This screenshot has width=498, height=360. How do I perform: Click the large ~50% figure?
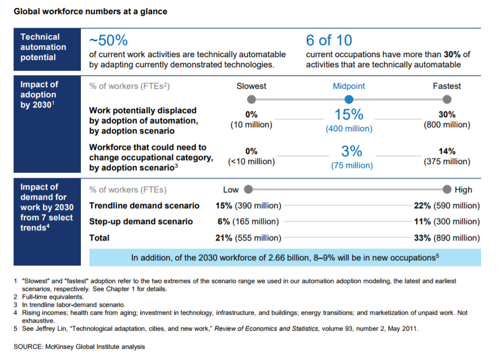pyautogui.click(x=109, y=41)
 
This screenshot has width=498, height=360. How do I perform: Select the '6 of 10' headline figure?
pyautogui.click(x=328, y=41)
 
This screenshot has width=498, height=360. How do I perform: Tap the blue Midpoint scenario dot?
pyautogui.click(x=349, y=100)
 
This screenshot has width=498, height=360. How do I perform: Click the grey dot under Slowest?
pyautogui.click(x=252, y=100)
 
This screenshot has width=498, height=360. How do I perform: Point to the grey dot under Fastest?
pyautogui.click(x=447, y=100)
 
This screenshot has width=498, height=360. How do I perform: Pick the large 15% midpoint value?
pyautogui.click(x=349, y=114)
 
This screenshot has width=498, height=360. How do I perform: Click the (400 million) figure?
pyautogui.click(x=349, y=128)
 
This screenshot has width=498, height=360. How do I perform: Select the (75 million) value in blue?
pyautogui.click(x=352, y=165)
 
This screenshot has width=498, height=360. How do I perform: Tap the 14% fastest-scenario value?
pyautogui.click(x=447, y=151)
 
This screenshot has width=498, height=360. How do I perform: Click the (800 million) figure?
pyautogui.click(x=447, y=125)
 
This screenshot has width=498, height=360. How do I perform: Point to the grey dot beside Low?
pyautogui.click(x=248, y=190)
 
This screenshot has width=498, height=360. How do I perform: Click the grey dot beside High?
pyautogui.click(x=447, y=190)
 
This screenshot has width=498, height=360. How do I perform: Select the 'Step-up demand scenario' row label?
pyautogui.click(x=141, y=221)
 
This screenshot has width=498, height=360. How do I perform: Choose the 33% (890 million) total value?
pyautogui.click(x=447, y=238)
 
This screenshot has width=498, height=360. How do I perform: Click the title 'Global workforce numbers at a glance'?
pyautogui.click(x=90, y=11)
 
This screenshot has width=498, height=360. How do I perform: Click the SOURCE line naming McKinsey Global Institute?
pyautogui.click(x=79, y=346)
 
